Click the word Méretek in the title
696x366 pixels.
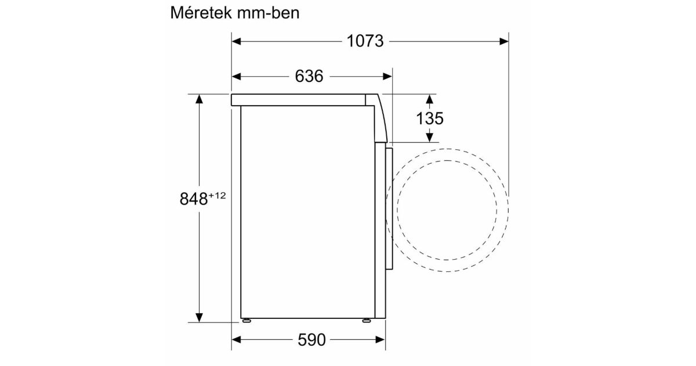[201, 13]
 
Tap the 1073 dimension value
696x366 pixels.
[365, 41]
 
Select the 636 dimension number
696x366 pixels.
[309, 76]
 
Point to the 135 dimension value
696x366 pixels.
[430, 119]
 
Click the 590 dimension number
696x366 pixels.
[311, 339]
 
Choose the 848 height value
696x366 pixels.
[194, 199]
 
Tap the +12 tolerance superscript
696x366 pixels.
[217, 195]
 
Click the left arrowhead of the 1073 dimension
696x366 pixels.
[237, 41]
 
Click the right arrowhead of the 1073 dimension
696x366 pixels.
[504, 41]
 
